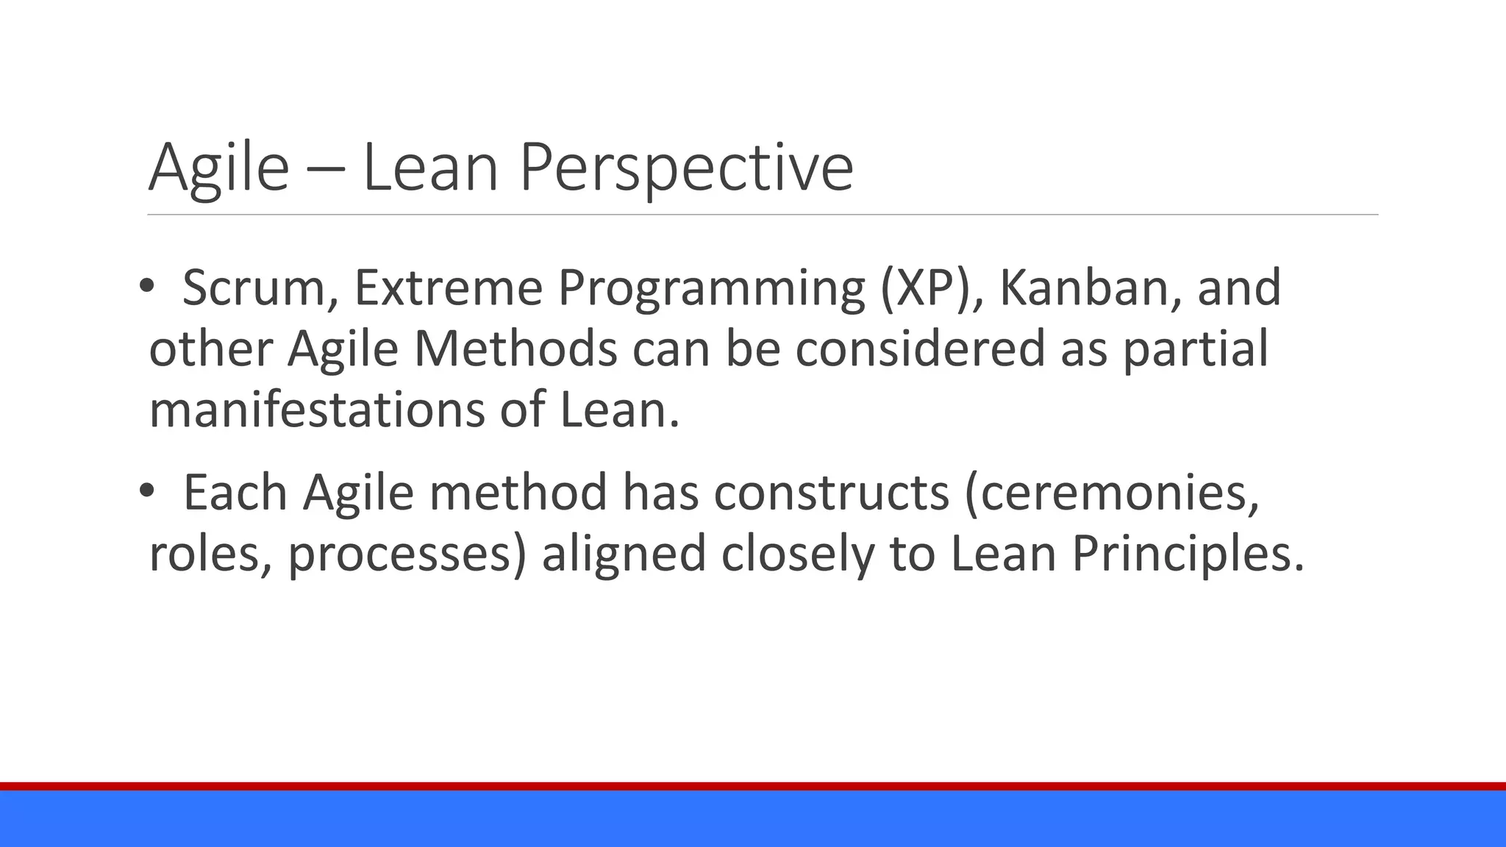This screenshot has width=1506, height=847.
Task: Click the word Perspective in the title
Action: click(x=686, y=168)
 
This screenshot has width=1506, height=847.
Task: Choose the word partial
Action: click(x=1196, y=350)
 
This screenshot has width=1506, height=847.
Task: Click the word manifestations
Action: click(x=317, y=410)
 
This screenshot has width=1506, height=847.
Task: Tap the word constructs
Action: click(x=831, y=493)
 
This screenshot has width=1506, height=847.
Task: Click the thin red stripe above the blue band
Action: click(x=753, y=786)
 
